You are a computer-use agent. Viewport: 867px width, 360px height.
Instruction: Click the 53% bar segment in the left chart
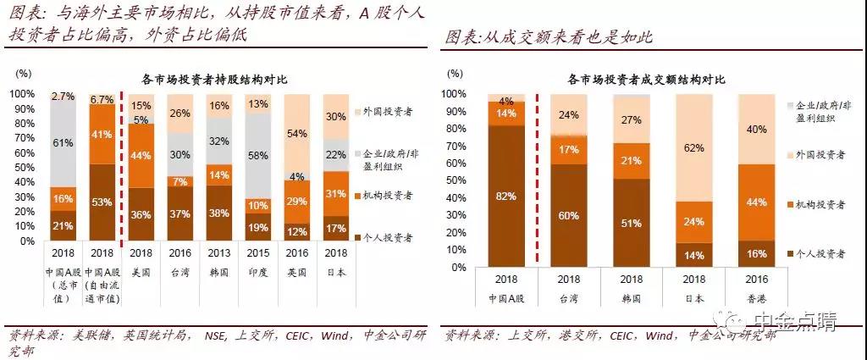coord(102,202)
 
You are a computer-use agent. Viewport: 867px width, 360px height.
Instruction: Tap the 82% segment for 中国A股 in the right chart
coord(507,196)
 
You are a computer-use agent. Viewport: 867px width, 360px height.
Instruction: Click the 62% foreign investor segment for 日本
coord(693,147)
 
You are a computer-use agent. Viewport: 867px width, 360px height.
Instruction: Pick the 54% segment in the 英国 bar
coord(297,134)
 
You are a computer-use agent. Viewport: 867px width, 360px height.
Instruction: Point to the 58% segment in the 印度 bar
coord(258,156)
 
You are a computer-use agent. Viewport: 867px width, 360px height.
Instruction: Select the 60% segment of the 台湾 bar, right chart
coord(570,215)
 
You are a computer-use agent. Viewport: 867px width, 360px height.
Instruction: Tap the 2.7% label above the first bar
coord(62,97)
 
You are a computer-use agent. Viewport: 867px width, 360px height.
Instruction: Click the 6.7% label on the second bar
coord(102,99)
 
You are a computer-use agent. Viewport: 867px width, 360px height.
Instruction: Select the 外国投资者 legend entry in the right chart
coord(819,156)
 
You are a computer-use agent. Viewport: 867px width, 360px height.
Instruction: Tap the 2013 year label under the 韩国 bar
coord(219,252)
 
